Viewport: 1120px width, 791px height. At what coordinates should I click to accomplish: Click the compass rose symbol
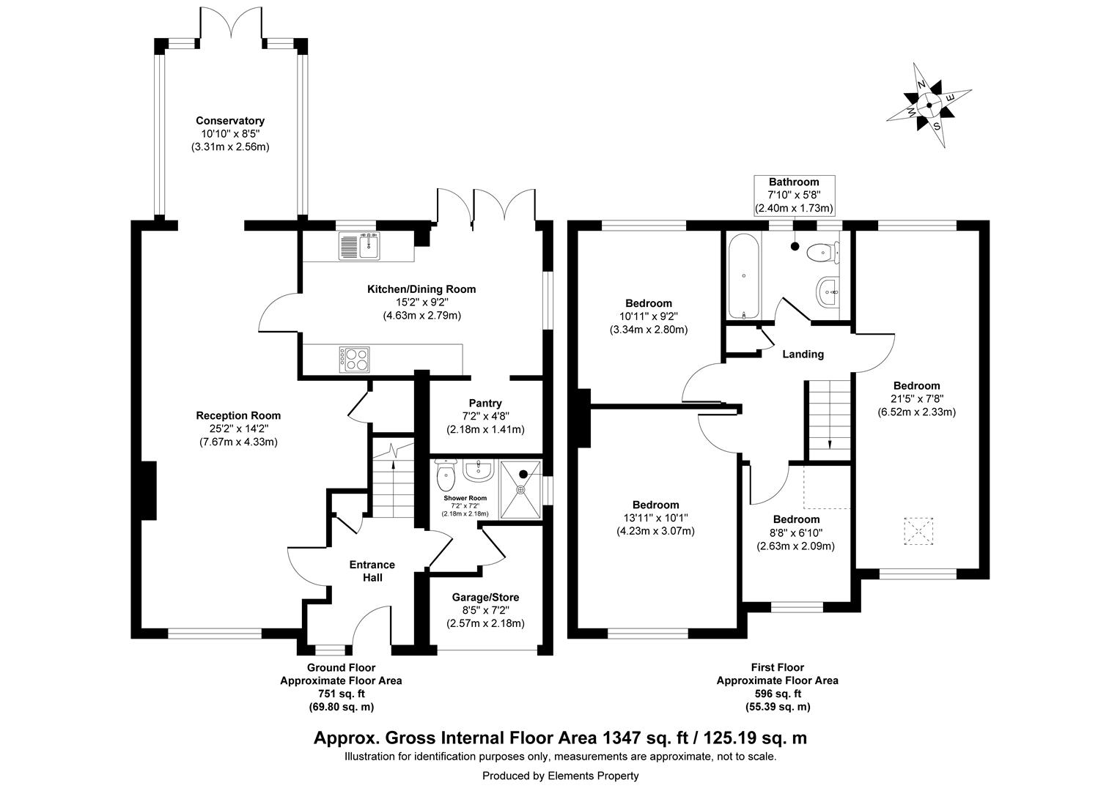pyautogui.click(x=929, y=105)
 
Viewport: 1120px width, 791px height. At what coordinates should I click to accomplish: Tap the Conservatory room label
pyautogui.click(x=229, y=121)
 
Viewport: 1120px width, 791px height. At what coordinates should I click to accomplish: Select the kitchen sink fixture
pyautogui.click(x=358, y=246)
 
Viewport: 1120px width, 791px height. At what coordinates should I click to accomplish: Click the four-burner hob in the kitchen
pyautogui.click(x=355, y=358)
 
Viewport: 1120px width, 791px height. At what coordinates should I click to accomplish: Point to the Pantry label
pyautogui.click(x=485, y=403)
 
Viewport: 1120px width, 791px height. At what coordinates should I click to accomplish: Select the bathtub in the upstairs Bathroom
pyautogui.click(x=744, y=276)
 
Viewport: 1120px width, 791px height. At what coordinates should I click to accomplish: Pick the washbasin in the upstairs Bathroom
pyautogui.click(x=828, y=291)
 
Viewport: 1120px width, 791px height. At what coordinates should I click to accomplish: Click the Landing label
pyautogui.click(x=803, y=354)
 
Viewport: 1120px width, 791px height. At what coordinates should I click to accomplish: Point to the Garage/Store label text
pyautogui.click(x=485, y=598)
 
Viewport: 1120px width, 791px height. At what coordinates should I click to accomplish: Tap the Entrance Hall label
pyautogui.click(x=372, y=571)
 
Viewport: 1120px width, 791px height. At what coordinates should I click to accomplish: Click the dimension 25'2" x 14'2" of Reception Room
pyautogui.click(x=238, y=428)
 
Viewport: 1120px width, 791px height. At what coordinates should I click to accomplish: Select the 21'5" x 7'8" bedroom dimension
pyautogui.click(x=916, y=399)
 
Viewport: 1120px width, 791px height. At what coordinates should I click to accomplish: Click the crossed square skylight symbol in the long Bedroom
pyautogui.click(x=918, y=531)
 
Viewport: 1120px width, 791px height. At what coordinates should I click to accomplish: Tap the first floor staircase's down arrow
pyautogui.click(x=830, y=443)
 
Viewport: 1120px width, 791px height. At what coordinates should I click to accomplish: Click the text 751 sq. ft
pyautogui.click(x=341, y=694)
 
